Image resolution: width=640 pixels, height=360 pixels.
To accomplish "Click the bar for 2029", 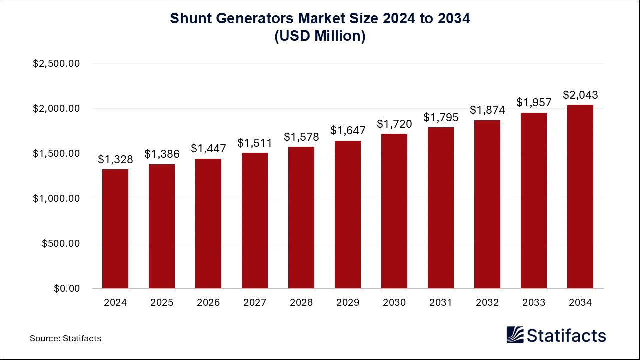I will click(348, 215).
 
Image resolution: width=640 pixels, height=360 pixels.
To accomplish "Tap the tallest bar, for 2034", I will click(580, 197).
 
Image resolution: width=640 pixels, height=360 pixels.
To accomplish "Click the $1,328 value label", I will click(115, 160).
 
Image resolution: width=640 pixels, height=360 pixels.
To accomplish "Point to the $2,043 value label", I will click(580, 95).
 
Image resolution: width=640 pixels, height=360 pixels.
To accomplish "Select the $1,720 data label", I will click(394, 124).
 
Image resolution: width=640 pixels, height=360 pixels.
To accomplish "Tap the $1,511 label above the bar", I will click(255, 143).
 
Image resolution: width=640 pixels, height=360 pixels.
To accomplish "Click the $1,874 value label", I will click(487, 110).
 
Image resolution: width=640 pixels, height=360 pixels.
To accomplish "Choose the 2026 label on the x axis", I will click(208, 303).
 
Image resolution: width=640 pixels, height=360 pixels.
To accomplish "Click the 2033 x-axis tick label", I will click(534, 303).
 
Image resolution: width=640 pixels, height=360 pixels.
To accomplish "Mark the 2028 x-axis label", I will click(301, 303).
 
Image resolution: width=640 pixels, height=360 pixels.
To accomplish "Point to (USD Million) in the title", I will click(320, 36).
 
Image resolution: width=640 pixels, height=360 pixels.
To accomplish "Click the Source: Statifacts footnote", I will click(65, 338).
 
